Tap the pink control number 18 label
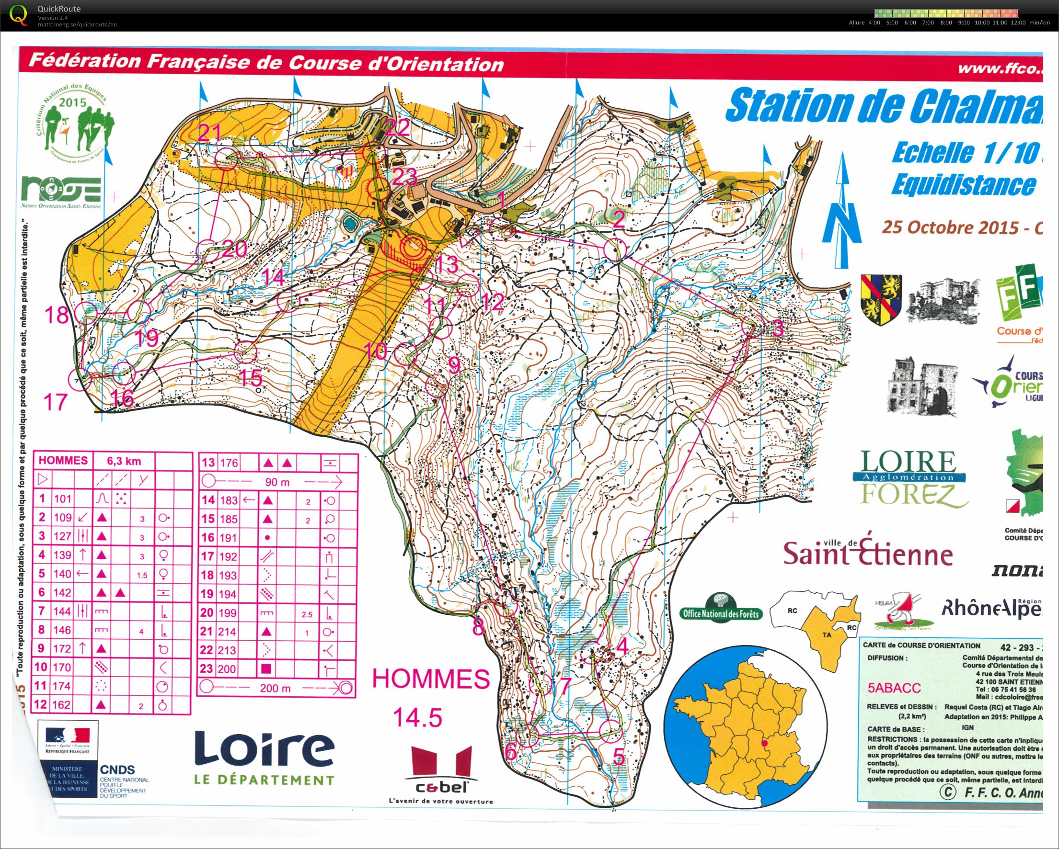point(57,315)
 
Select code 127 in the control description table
point(62,536)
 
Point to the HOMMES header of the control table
point(63,460)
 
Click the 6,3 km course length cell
point(124,460)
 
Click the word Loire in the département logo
point(264,749)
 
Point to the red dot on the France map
point(764,744)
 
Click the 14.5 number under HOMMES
point(417,717)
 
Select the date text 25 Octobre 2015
point(950,228)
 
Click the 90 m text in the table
point(277,482)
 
